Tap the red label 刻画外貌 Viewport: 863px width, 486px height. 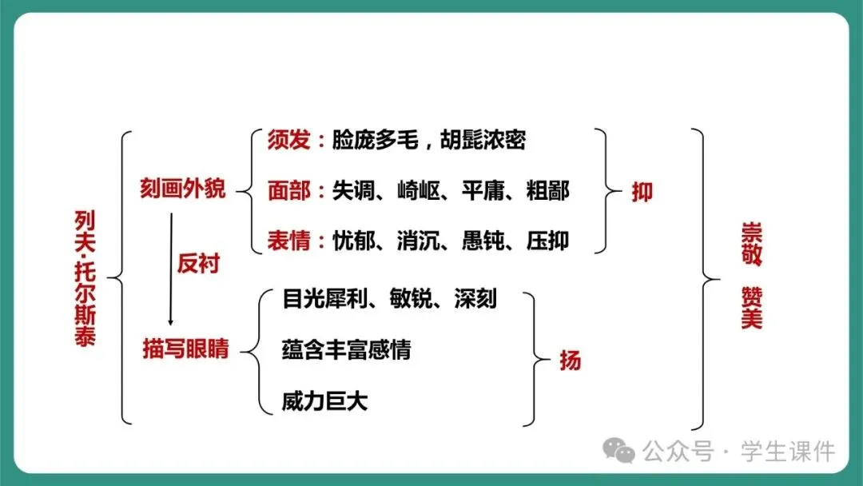click(183, 189)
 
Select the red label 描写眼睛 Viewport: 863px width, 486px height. click(185, 349)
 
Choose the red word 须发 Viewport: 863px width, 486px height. click(288, 141)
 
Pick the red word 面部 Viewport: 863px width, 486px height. click(288, 191)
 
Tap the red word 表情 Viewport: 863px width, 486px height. click(288, 240)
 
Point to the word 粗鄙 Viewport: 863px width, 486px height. click(548, 191)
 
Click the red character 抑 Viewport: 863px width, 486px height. click(642, 192)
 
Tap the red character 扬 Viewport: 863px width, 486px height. click(570, 361)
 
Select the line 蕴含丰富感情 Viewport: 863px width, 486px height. click(346, 349)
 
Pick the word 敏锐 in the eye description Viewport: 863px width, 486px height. click(412, 299)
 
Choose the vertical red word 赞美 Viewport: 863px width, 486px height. click(751, 309)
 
